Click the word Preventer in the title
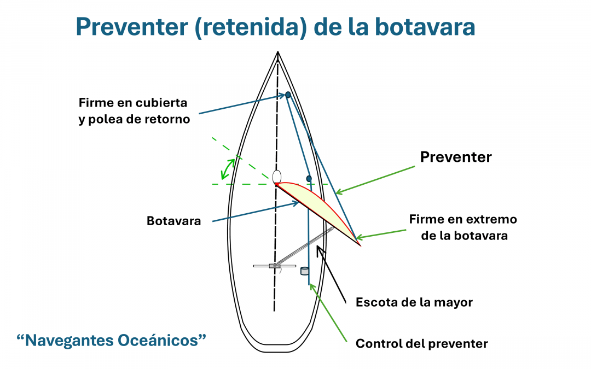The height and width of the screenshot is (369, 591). pos(132,27)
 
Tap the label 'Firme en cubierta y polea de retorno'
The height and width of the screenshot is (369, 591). pos(134,110)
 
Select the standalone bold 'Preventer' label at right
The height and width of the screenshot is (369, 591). pos(456,157)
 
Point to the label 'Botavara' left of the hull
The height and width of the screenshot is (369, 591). pos(174,221)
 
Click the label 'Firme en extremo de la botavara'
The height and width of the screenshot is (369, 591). pos(463,227)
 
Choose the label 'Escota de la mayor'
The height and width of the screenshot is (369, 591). pos(414,302)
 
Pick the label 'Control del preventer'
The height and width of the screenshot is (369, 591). pos(422,343)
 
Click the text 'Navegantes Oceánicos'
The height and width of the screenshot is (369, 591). pos(111,340)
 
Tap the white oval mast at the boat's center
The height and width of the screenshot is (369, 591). pos(277,177)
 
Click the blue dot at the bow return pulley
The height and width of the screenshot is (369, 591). pos(288,95)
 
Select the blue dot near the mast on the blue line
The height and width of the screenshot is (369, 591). pos(309,178)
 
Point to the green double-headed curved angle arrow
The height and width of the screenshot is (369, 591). pos(228,169)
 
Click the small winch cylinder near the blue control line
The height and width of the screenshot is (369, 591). pos(305,271)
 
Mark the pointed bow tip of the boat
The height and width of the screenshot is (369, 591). pos(278,52)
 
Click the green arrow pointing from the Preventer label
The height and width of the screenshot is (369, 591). pos(375,180)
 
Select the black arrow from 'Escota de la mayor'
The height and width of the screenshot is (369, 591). pos(331,274)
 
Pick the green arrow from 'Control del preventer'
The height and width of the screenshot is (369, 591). pos(328,313)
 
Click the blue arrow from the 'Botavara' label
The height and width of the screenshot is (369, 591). pos(256,212)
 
